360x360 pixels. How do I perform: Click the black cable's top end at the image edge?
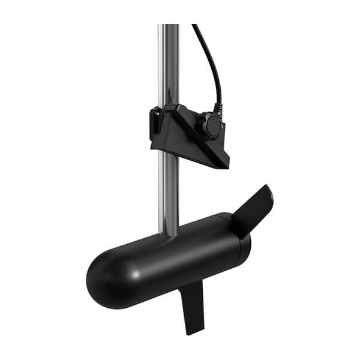point(194,26)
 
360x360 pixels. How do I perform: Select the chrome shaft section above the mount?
point(169,66)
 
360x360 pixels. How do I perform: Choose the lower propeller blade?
point(193,306)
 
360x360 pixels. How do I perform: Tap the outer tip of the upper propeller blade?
point(268,189)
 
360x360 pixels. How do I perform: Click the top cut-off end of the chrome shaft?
point(169,26)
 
